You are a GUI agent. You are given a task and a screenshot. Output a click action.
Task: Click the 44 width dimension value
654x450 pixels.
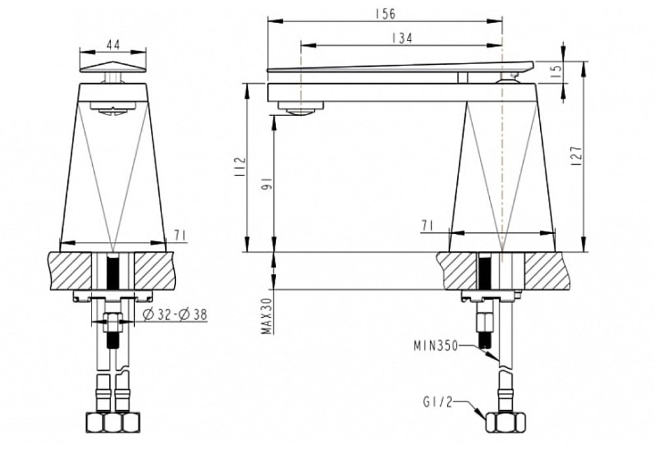(112, 44)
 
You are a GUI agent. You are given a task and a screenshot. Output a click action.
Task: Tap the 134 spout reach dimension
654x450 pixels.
(401, 38)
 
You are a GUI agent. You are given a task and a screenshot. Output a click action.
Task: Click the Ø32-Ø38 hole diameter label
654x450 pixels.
(174, 315)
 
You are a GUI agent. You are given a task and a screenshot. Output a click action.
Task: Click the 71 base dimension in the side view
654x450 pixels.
(428, 225)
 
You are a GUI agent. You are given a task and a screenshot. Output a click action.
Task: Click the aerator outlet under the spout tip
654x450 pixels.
(300, 109)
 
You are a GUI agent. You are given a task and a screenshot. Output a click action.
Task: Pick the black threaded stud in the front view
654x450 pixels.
(113, 271)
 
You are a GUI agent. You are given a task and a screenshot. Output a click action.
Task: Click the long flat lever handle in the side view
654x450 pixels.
(399, 66)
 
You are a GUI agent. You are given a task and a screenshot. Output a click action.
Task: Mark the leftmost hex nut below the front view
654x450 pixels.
(95, 422)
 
